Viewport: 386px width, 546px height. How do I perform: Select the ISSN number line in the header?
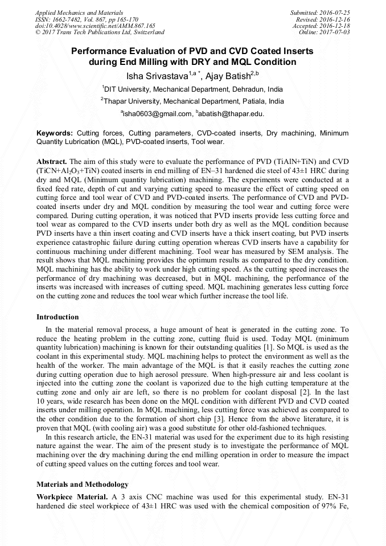87,19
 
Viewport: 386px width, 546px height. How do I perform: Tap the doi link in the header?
95,26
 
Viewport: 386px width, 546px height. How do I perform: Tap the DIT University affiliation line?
192,89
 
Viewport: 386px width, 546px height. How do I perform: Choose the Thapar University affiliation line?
192,101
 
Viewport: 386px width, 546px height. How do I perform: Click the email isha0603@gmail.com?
157,114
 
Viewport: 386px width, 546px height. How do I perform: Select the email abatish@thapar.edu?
231,114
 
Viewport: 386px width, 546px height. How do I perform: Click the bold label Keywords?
54,132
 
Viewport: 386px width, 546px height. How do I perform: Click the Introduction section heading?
58,317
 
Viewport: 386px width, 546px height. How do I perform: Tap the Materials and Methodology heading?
82,485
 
